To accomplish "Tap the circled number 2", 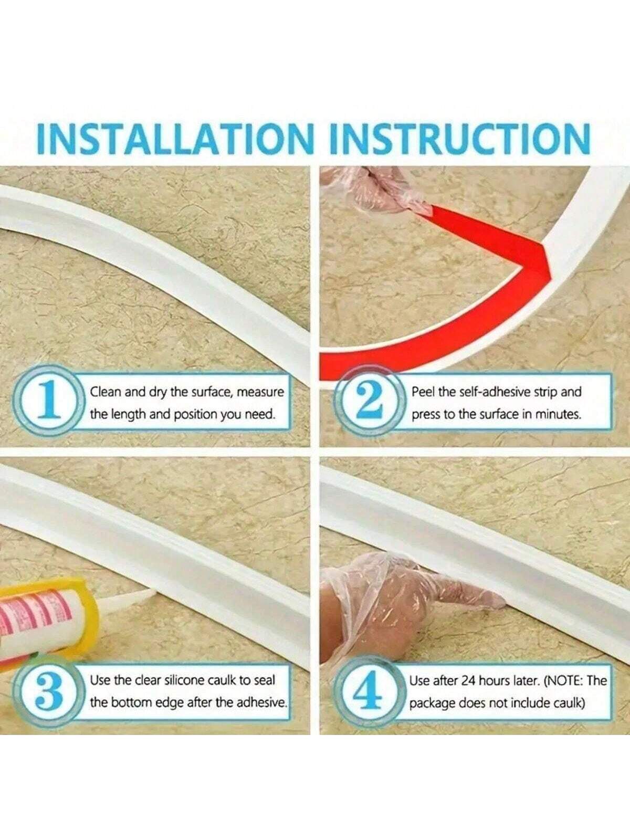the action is pos(369,402).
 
